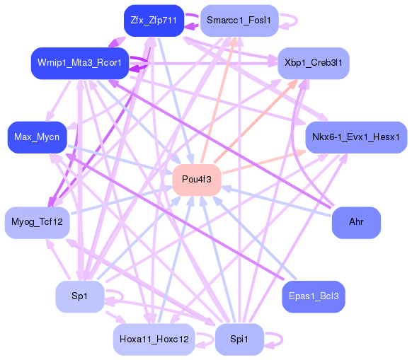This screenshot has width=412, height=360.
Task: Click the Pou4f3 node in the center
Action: [x=197, y=179]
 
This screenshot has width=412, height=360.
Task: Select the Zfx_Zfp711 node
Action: [x=153, y=20]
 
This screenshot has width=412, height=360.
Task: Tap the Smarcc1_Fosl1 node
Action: [x=239, y=20]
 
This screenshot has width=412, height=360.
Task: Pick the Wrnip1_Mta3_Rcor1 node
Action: [x=79, y=63]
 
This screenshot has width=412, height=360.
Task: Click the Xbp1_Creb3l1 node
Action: [x=313, y=63]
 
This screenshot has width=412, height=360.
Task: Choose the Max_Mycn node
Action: [x=37, y=136]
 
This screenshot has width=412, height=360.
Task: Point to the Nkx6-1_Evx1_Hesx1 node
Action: [x=356, y=136]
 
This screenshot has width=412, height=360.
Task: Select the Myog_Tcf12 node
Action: [x=37, y=223]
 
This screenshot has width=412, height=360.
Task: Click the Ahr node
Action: [x=356, y=222]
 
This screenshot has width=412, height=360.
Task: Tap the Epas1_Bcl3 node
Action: [x=313, y=296]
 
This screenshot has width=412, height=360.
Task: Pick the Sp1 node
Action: [x=79, y=296]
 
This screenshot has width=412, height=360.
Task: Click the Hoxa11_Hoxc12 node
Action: [x=153, y=339]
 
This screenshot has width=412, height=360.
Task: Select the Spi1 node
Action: [x=239, y=339]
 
